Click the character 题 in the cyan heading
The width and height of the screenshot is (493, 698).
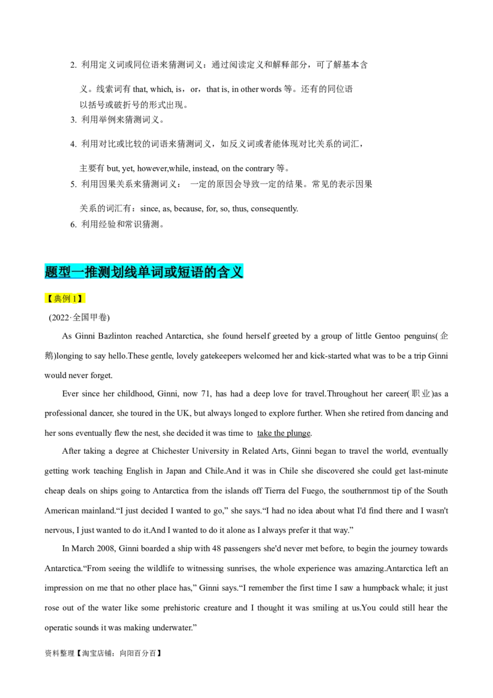tap(52, 272)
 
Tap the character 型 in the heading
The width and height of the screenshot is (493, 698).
tap(65, 272)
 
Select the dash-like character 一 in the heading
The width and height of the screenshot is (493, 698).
tap(79, 272)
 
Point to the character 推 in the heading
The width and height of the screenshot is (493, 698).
tap(92, 272)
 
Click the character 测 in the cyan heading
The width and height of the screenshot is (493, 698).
tap(105, 272)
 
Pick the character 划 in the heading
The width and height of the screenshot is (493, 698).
tap(118, 272)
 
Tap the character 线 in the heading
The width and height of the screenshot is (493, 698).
tap(132, 272)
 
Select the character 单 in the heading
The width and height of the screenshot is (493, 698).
tap(145, 272)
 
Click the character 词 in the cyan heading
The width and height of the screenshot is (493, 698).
tap(158, 272)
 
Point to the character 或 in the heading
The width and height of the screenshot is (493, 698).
tap(171, 272)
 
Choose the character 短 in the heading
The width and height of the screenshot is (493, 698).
tap(185, 272)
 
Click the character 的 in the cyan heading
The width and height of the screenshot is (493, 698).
tap(211, 272)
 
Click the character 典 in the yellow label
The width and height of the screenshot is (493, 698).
tap(58, 299)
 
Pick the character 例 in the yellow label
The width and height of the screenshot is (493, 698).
tap(67, 299)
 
